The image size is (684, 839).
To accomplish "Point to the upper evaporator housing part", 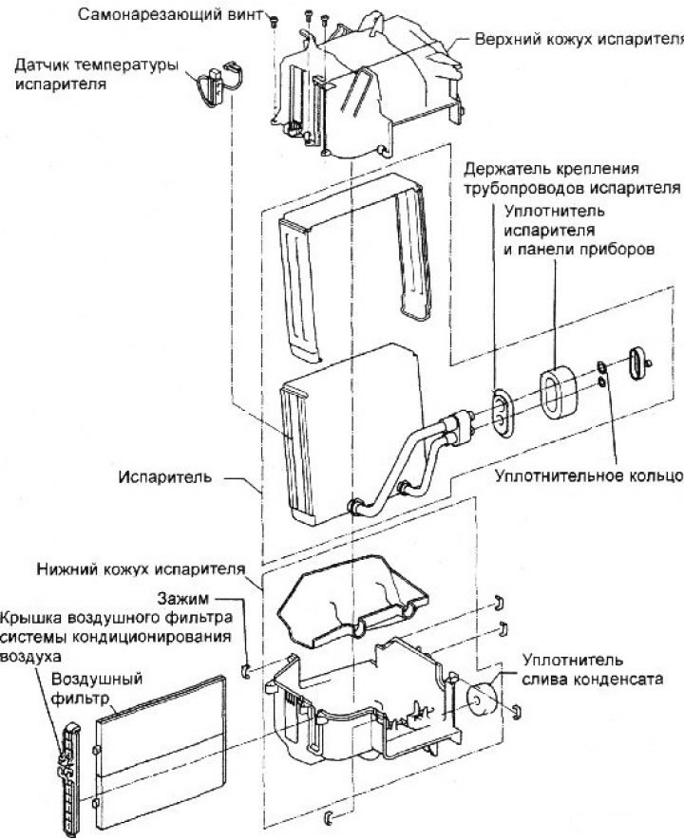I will click(370, 85).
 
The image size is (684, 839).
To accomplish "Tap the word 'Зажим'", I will click(190, 599).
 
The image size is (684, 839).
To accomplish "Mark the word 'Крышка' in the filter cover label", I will click(33, 618).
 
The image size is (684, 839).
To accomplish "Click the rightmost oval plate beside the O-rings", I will click(636, 365).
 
